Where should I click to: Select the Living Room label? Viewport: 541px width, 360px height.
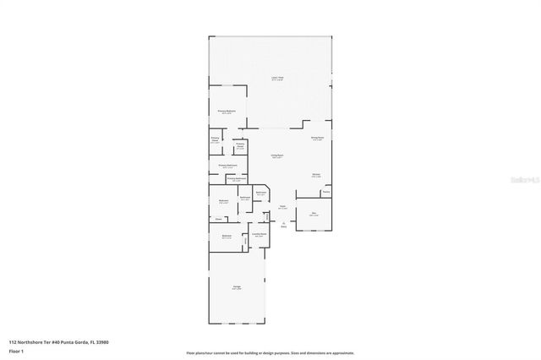tap(276, 156)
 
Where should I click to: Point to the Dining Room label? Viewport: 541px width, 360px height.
tap(317, 138)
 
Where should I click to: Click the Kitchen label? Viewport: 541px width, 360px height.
tap(315, 175)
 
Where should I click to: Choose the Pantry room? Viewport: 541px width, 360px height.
tap(325, 193)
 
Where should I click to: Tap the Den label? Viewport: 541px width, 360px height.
tap(314, 214)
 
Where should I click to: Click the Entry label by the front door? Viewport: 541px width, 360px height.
tap(284, 225)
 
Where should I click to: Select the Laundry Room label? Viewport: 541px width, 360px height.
tap(260, 234)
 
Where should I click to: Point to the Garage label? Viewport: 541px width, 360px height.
tap(237, 288)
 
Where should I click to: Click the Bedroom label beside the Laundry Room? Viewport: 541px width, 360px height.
tap(227, 237)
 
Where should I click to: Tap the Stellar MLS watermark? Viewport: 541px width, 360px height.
tap(525, 181)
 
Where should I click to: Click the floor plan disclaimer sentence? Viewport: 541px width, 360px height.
tap(270, 353)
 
